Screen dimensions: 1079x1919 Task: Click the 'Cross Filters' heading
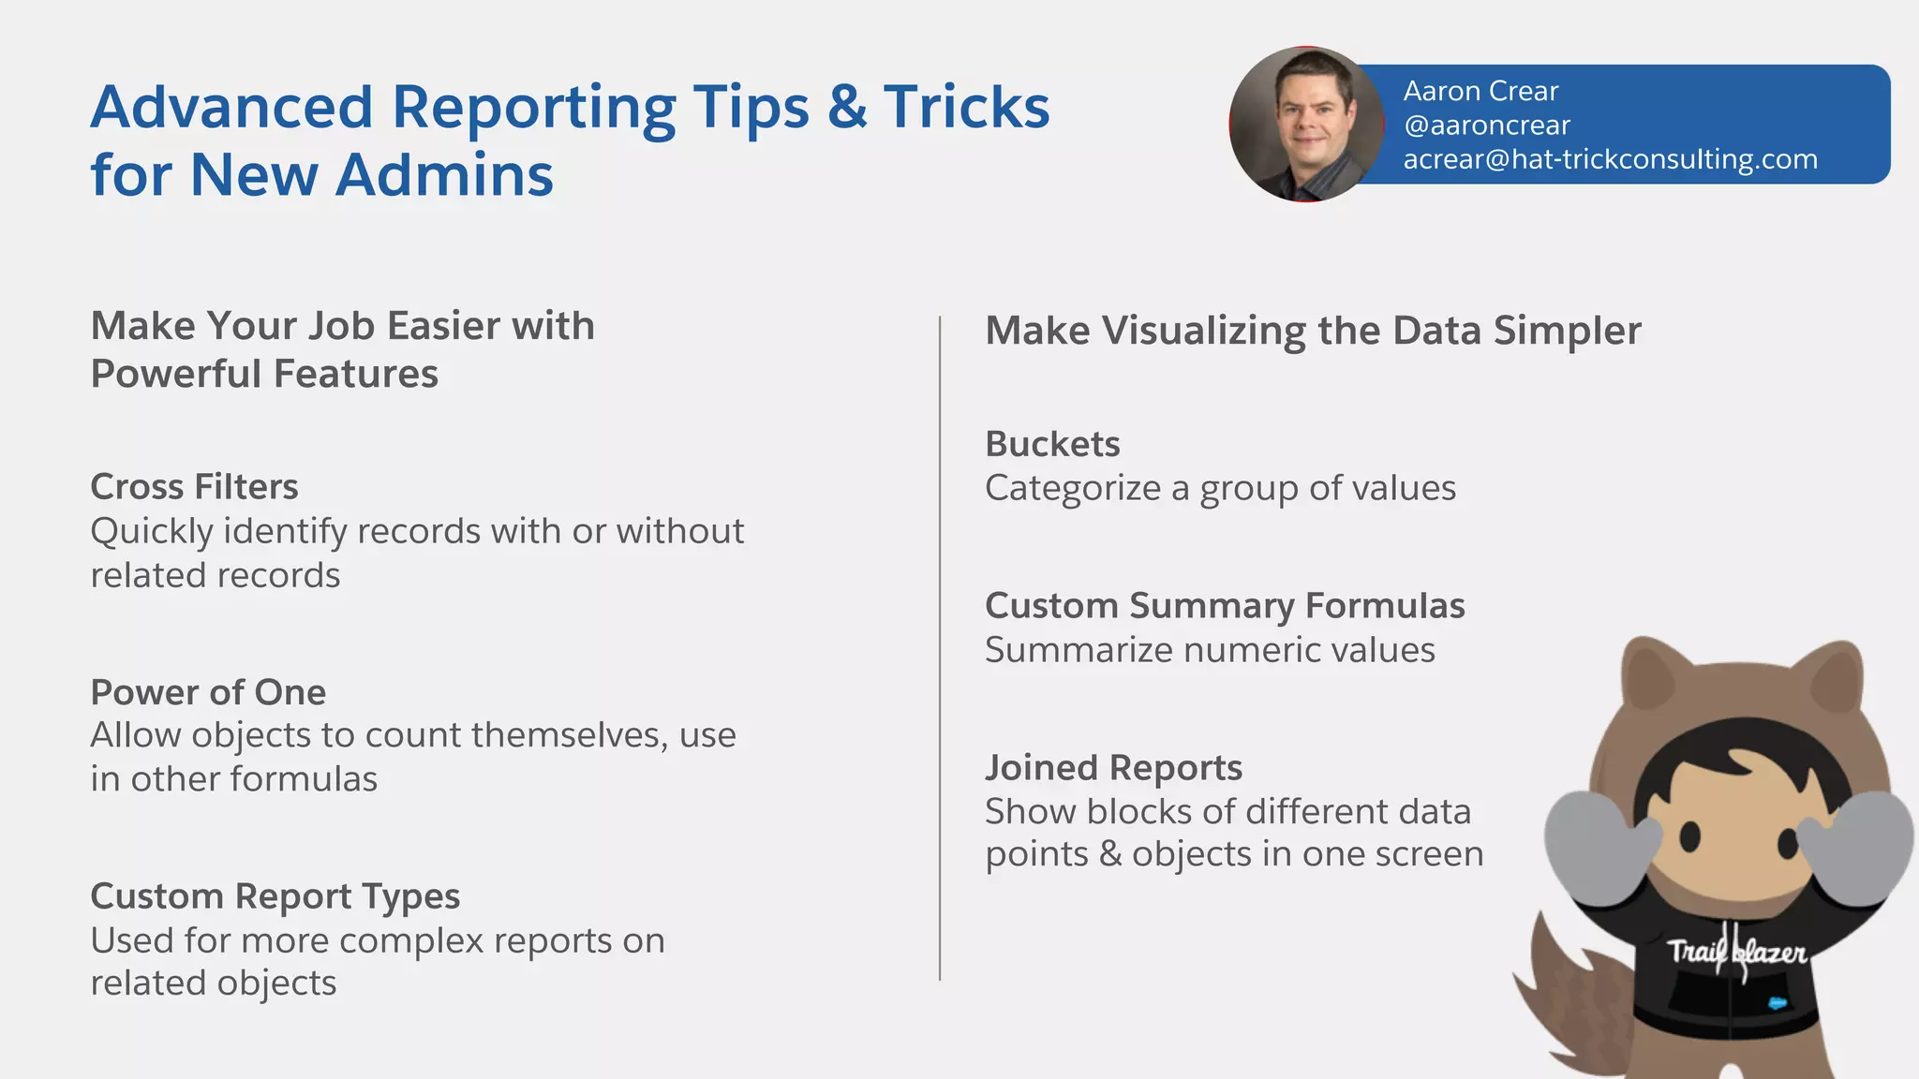(194, 487)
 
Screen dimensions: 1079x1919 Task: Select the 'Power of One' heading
(208, 692)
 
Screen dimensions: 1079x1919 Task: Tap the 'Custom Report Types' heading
(275, 896)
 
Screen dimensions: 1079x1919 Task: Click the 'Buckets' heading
(1052, 444)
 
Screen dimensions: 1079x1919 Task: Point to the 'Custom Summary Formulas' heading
(1225, 606)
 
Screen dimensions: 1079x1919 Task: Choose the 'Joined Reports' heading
(1113, 768)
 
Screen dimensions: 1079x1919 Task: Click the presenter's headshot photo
(1306, 125)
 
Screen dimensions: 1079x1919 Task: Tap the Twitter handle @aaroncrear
(1486, 126)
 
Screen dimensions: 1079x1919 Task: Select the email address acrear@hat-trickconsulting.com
(1610, 159)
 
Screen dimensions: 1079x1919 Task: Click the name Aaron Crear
(1480, 91)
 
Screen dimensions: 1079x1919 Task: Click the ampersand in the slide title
(846, 107)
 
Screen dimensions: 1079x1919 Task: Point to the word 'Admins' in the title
(444, 175)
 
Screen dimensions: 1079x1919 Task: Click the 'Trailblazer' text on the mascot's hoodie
(1736, 953)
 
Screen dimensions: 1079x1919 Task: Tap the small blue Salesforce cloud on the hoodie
(1778, 1003)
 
